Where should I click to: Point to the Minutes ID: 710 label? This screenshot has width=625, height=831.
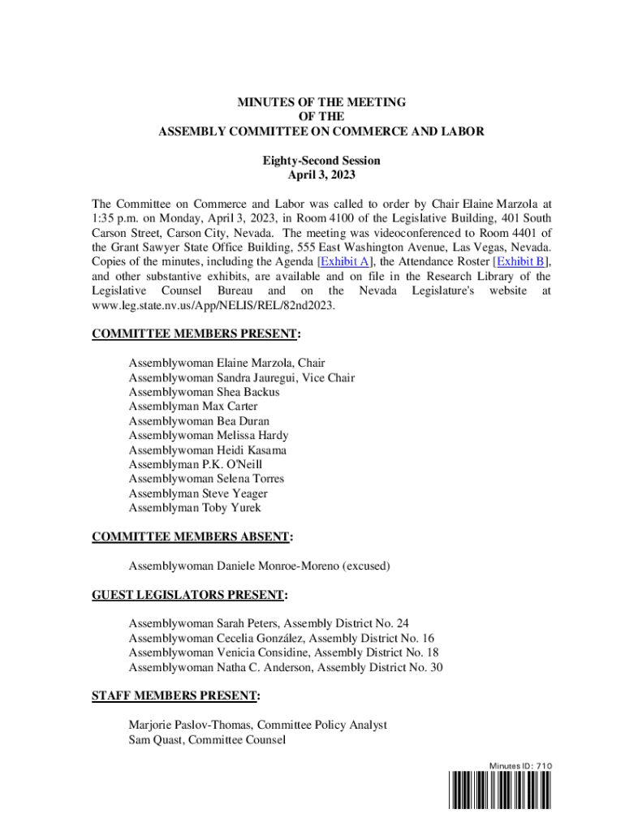pos(520,766)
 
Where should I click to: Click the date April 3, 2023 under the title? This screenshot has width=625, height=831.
pos(321,174)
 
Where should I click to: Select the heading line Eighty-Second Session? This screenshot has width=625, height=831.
pos(321,161)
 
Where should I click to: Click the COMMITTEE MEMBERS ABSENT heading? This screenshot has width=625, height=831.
pos(192,536)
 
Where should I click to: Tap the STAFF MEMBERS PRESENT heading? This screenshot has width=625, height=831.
pos(175,696)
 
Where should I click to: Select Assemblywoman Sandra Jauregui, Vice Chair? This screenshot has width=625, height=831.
pos(241,377)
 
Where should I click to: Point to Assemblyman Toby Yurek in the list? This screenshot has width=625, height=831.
pos(195,508)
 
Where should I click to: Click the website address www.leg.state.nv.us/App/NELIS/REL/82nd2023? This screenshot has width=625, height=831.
pos(213,305)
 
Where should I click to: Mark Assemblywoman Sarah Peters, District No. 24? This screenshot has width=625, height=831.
pos(269,624)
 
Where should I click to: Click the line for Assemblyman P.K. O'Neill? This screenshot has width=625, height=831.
pos(196,464)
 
